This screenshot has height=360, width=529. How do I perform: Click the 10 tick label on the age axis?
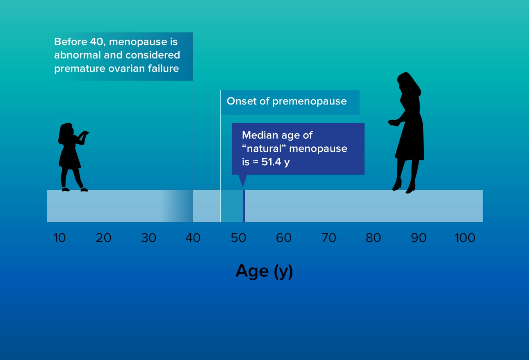(x=59, y=238)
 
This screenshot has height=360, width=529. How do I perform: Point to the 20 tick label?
(x=103, y=238)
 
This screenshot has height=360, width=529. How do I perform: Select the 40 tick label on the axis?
(x=193, y=238)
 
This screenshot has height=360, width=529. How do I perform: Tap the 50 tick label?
(x=239, y=238)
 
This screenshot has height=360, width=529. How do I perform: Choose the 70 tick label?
(x=329, y=238)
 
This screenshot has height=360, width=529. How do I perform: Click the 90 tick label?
(x=419, y=238)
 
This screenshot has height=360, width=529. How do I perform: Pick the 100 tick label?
(x=465, y=238)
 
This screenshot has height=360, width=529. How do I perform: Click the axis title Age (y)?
(x=264, y=271)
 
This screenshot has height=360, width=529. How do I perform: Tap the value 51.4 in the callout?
(x=271, y=162)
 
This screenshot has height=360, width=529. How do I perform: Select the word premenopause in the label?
(x=310, y=102)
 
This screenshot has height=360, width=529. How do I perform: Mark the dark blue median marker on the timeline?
(x=244, y=206)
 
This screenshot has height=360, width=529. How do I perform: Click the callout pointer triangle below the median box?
(x=243, y=180)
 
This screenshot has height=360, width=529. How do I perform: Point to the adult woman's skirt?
(x=410, y=144)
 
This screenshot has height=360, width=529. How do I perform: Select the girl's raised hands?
(x=84, y=134)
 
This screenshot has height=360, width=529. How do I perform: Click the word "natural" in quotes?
(x=264, y=149)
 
